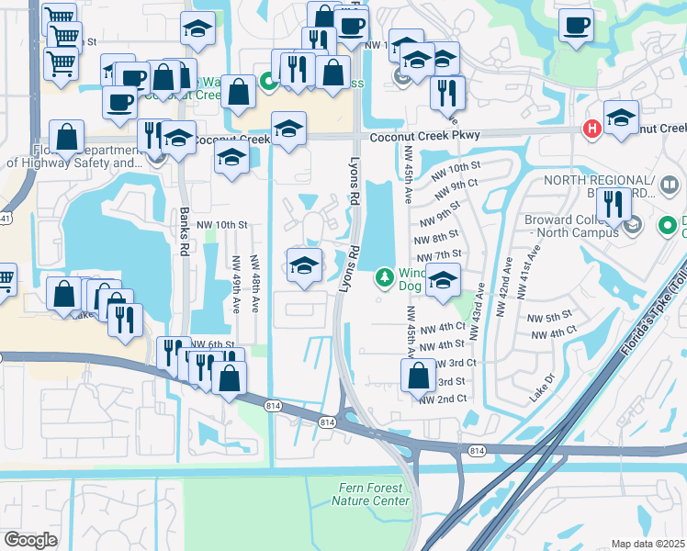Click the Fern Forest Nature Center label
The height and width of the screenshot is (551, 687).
point(371,495)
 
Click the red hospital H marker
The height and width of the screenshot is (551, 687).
point(593,129)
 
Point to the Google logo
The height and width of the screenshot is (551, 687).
point(30,540)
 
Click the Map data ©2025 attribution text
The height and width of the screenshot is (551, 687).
point(648,544)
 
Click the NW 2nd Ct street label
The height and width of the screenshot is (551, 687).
point(444,399)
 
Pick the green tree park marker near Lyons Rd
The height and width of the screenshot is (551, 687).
point(385,275)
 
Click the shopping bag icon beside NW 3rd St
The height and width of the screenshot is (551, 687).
point(418,375)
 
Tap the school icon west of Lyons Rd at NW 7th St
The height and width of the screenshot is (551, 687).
point(304,265)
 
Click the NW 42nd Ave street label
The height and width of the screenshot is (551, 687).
point(504,287)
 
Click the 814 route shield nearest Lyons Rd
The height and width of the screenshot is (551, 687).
point(327,422)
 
